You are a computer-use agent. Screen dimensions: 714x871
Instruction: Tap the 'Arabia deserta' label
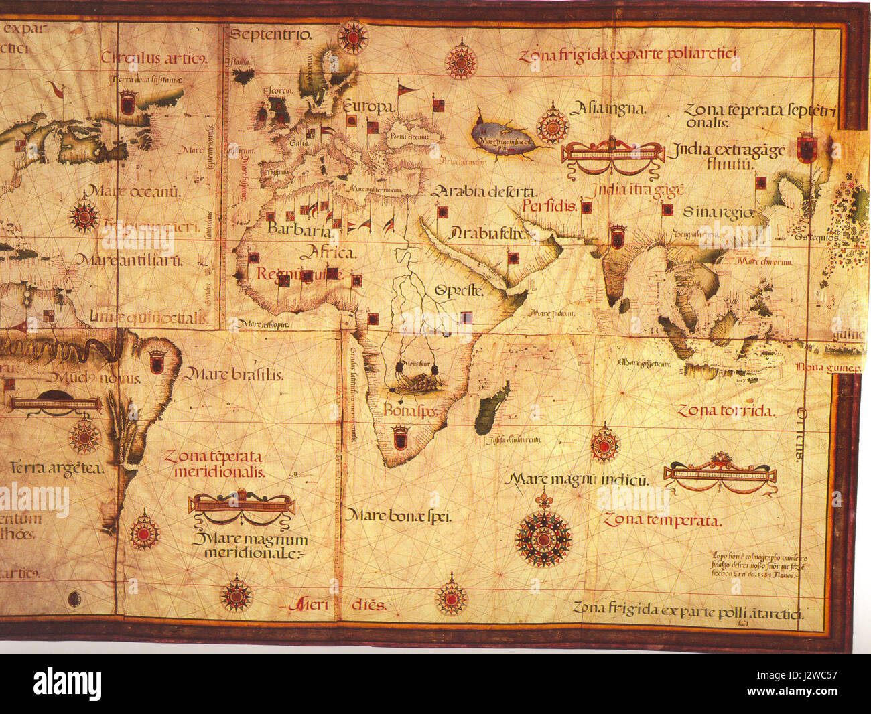[485, 192]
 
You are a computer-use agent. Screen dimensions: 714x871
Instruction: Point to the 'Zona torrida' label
[725, 411]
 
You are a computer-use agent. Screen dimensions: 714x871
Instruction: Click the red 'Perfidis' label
[549, 206]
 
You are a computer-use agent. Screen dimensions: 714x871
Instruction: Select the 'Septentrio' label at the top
[271, 35]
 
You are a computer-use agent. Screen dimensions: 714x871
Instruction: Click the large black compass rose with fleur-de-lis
[543, 536]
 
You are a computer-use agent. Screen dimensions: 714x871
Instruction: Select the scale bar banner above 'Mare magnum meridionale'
[241, 504]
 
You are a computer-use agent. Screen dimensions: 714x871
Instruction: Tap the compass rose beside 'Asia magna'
[553, 124]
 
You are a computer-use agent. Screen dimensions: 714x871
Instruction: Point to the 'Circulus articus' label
[153, 58]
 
